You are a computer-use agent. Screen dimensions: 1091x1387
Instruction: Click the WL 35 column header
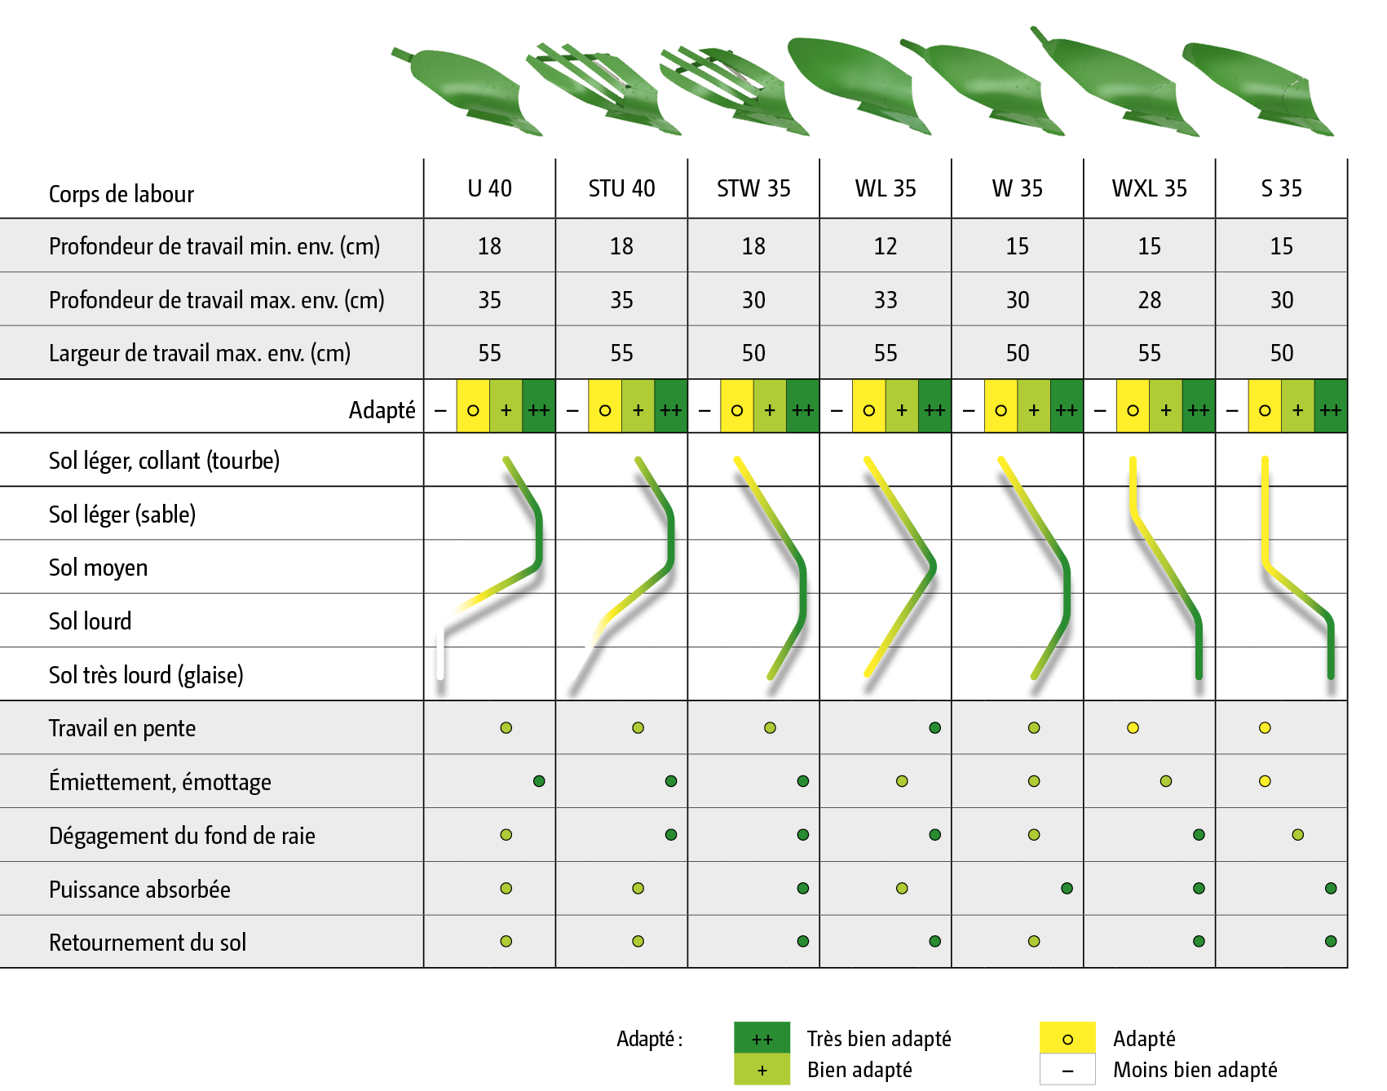click(885, 189)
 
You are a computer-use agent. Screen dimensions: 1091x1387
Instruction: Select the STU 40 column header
click(621, 189)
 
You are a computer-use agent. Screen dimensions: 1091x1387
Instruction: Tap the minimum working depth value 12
click(885, 246)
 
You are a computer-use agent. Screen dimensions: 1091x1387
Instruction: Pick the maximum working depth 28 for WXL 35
click(1149, 300)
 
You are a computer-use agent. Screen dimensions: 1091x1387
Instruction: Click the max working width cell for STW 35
click(753, 353)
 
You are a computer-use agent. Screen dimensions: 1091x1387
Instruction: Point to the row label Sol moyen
click(98, 568)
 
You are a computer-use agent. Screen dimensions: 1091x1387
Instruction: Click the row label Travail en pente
click(122, 728)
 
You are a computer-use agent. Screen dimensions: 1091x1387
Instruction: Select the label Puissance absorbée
click(139, 889)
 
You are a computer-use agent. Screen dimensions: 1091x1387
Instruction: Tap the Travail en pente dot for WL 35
click(934, 727)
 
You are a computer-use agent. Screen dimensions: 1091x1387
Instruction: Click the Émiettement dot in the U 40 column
click(539, 781)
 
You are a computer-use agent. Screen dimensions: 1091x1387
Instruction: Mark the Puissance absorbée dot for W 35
click(1067, 888)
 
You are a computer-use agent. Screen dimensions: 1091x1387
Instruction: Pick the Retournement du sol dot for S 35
click(1331, 941)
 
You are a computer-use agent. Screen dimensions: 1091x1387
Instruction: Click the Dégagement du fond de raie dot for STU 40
click(671, 834)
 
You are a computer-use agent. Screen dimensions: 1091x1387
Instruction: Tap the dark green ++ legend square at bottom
click(762, 1038)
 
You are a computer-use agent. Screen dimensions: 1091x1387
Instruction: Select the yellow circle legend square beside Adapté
click(1067, 1038)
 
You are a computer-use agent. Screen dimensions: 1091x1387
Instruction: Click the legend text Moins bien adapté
click(1195, 1070)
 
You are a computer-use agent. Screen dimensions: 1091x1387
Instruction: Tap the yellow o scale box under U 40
click(473, 409)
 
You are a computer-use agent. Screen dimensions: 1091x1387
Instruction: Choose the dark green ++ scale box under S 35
click(1331, 409)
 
